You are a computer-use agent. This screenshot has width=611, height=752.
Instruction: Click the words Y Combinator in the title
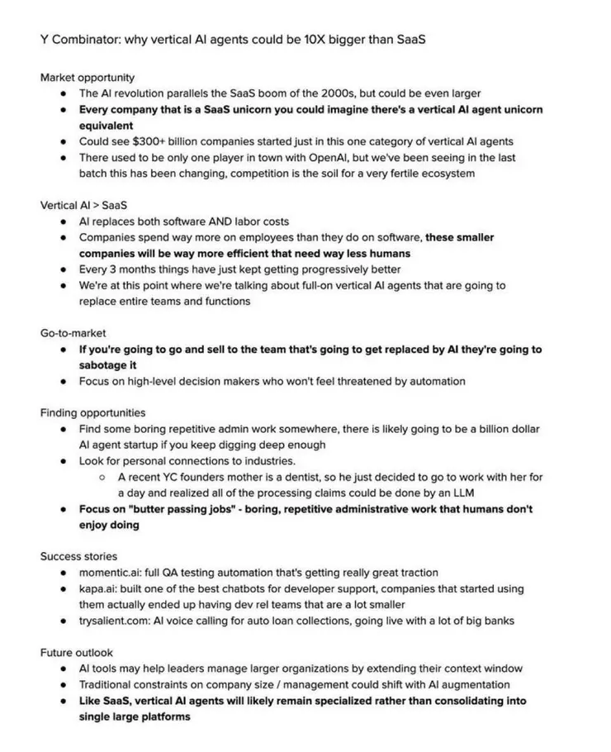coord(77,39)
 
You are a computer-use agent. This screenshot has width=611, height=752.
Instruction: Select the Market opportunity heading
coord(88,78)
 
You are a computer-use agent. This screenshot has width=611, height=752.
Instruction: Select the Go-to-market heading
coord(73,333)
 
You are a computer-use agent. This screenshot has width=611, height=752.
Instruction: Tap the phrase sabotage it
coord(107,365)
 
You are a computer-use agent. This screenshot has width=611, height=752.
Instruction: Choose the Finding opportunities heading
coord(92,412)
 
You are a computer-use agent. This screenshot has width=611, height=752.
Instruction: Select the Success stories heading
coord(78,556)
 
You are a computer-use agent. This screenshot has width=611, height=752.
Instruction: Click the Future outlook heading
coord(77,652)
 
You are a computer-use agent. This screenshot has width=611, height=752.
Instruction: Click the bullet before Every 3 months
coord(64,269)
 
